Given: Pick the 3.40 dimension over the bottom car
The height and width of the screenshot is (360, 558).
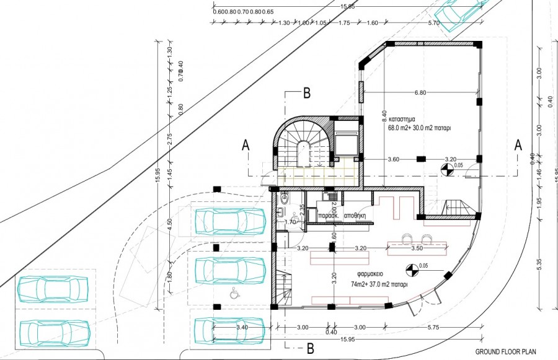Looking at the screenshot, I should [242, 327].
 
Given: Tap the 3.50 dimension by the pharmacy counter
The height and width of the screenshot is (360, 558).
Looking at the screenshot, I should [417, 248].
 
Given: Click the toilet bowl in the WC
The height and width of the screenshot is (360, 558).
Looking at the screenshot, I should [284, 199].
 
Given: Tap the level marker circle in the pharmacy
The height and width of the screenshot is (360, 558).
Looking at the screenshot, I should [410, 270].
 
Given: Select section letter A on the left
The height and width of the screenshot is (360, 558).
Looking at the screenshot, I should [246, 145].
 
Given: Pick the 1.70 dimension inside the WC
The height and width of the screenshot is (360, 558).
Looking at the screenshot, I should [290, 221].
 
